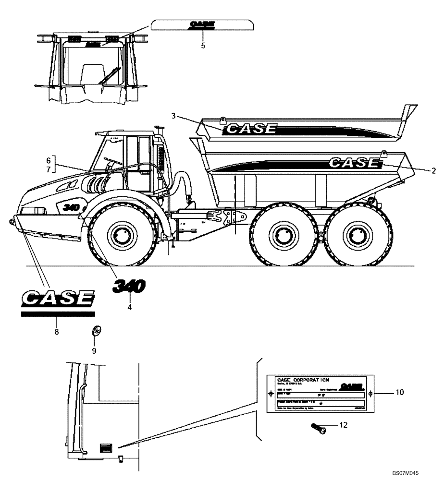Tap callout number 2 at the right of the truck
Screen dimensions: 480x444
[x=433, y=170]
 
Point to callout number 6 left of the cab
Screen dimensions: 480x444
[x=48, y=159]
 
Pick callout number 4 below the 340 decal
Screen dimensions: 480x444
[x=129, y=306]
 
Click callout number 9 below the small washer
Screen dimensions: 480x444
[x=94, y=350]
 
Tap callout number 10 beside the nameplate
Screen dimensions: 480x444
[x=400, y=392]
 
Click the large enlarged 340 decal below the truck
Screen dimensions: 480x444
[x=129, y=287]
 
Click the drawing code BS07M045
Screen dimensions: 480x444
[x=408, y=473]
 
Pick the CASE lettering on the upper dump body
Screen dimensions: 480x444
[x=251, y=129]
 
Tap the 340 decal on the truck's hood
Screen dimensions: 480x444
[x=71, y=207]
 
